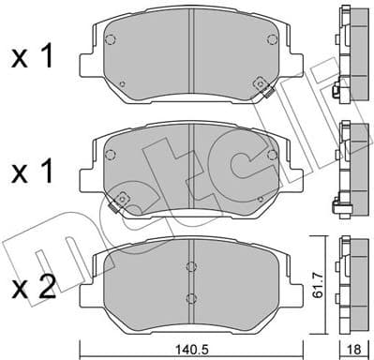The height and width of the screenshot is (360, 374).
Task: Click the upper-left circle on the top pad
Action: pos(111,41)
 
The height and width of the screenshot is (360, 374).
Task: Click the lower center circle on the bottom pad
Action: pos(190,299)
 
